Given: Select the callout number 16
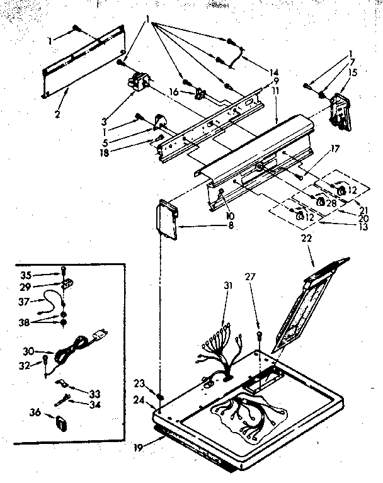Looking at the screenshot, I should (x=174, y=92).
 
